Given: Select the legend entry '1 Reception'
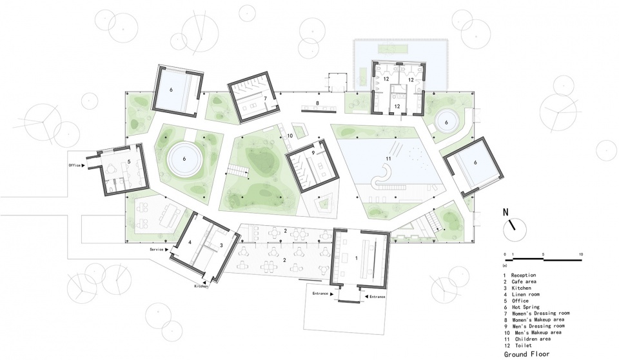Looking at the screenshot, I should pos(525,275).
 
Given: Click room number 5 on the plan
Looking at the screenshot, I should pos(129,161).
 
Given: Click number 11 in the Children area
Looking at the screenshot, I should pos(388,158).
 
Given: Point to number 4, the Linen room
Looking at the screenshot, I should pos(191,243).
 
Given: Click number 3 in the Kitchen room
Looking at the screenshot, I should pos(221,246).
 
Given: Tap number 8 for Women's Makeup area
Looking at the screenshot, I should pos(317,103).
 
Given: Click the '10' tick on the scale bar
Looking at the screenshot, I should pos(582,254).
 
